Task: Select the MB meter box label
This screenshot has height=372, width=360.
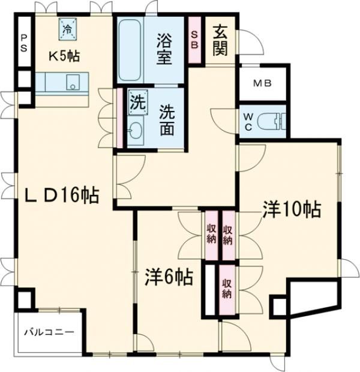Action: pos(261,83)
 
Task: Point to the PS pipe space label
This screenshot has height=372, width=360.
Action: pos(23,43)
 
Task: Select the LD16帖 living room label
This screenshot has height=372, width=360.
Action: pos(62,195)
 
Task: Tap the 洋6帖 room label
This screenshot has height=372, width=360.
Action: pos(169,277)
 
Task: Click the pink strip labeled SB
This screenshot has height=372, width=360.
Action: pos(195,41)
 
